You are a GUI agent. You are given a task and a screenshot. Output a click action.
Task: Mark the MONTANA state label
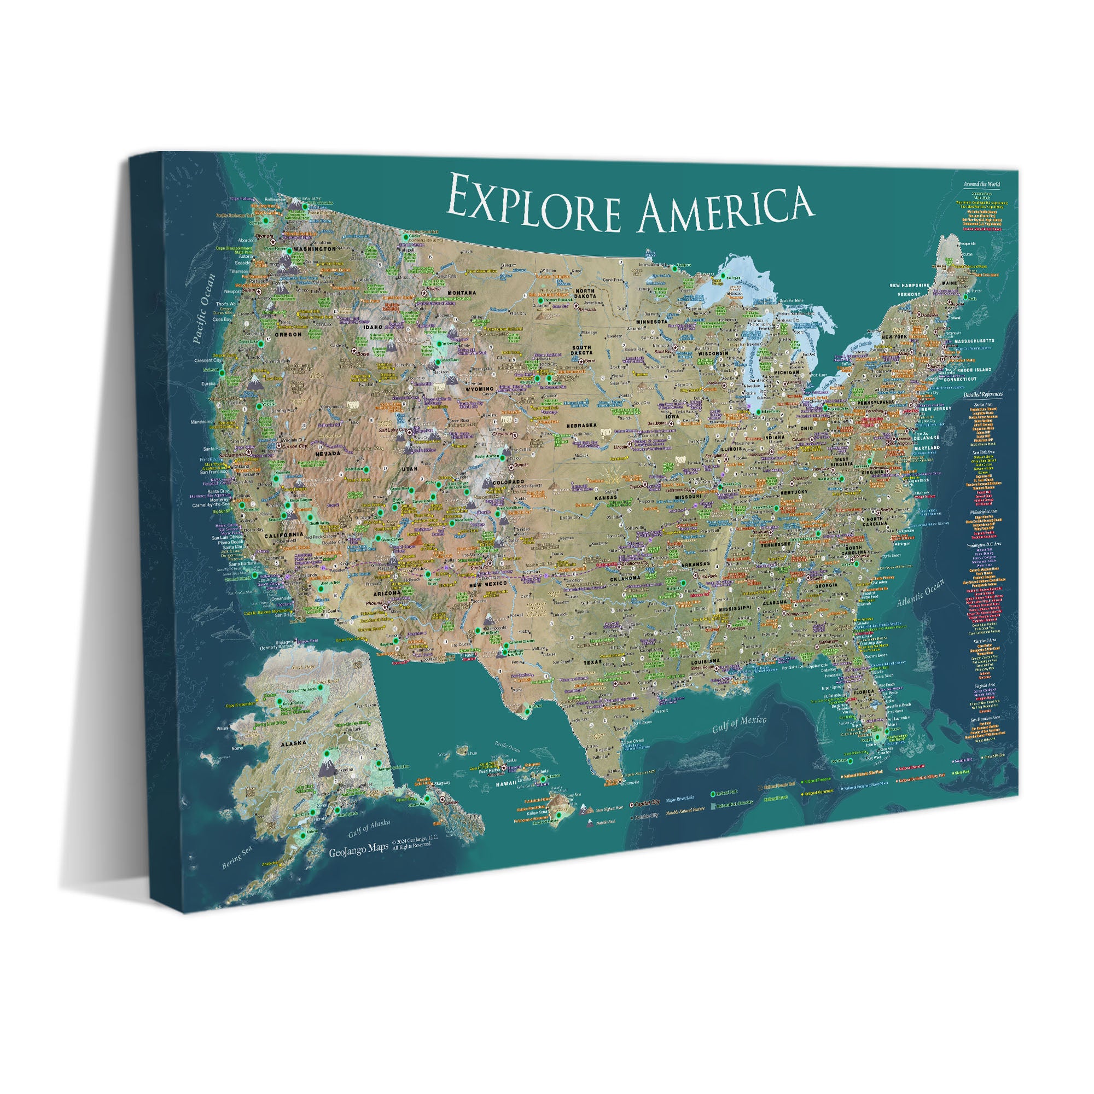click(463, 293)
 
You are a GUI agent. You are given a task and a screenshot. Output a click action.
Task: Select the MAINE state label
click(948, 283)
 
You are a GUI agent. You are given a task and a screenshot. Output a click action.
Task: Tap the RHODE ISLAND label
click(975, 369)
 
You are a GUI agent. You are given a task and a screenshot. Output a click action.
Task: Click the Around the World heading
click(982, 184)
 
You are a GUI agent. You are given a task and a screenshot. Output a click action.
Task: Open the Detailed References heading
click(983, 394)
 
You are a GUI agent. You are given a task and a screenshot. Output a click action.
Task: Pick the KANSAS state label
click(606, 498)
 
